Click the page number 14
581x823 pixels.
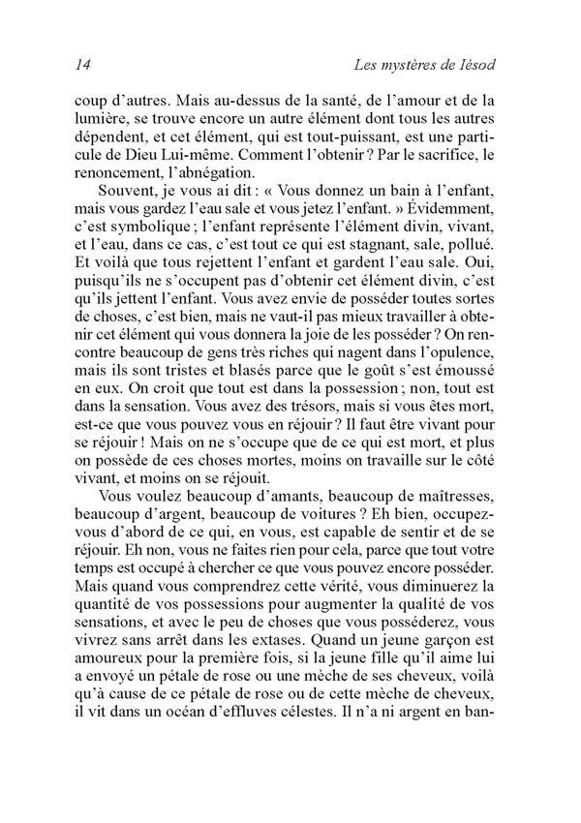pyautogui.click(x=81, y=64)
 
